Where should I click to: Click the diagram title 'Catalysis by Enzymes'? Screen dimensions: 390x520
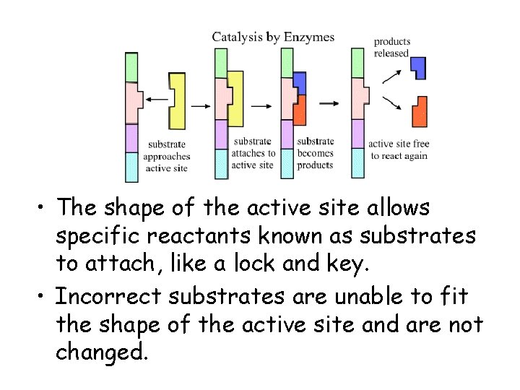[x=273, y=36]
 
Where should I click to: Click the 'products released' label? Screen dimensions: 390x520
[x=391, y=48]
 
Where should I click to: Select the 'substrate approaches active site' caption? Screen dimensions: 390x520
[x=166, y=156]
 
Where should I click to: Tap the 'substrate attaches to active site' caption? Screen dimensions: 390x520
[x=253, y=153]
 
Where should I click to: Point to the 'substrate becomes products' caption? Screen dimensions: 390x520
[x=315, y=153]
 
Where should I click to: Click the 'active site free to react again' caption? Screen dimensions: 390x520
[x=398, y=150]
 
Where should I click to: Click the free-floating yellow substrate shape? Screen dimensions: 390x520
[x=178, y=100]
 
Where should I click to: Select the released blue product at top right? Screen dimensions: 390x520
[x=418, y=67]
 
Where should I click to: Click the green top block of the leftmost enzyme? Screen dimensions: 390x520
[x=131, y=67]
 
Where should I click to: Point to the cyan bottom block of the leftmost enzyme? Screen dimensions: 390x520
[x=131, y=166]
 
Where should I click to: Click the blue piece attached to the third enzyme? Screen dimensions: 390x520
[x=300, y=83]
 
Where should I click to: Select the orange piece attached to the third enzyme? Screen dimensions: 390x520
[x=300, y=110]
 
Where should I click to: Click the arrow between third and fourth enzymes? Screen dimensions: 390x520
[x=329, y=103]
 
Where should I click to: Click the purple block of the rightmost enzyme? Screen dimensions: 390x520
[x=357, y=134]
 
